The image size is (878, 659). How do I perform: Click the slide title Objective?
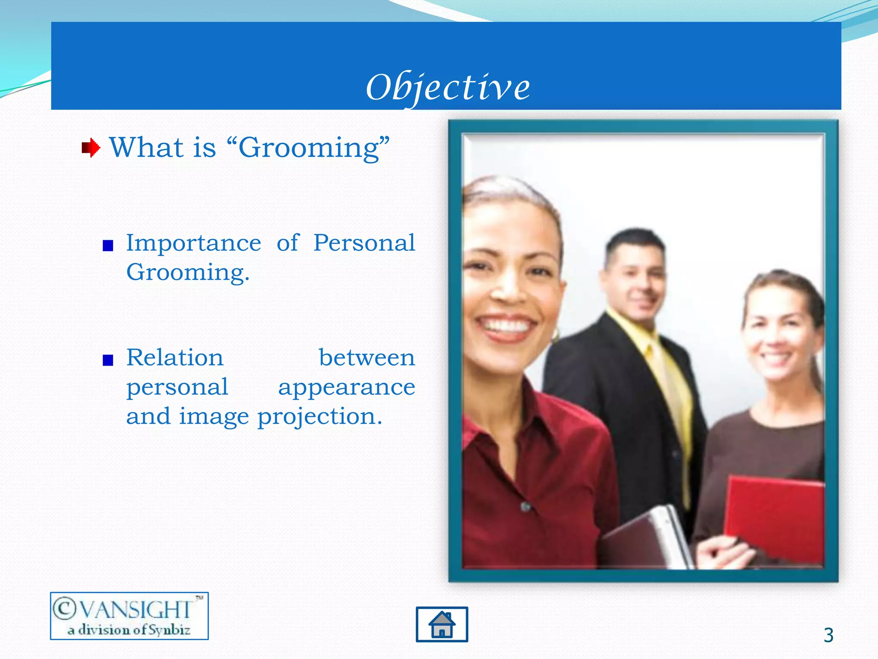point(448,88)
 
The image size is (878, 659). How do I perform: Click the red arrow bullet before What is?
point(91,148)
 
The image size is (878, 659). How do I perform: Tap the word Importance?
point(193,244)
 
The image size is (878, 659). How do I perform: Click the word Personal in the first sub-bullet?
point(364,244)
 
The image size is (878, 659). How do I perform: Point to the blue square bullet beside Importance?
point(108,246)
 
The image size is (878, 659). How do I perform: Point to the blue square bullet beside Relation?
point(108,360)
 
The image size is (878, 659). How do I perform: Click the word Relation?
point(175,358)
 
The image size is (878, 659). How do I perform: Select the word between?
point(367,358)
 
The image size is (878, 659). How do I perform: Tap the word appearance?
point(346,388)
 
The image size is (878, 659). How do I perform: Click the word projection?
point(319,417)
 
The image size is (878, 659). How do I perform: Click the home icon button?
point(442,624)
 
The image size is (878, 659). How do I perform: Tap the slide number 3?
point(828,635)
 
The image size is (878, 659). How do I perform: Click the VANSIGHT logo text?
point(129,609)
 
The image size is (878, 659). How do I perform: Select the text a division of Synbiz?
point(129,630)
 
